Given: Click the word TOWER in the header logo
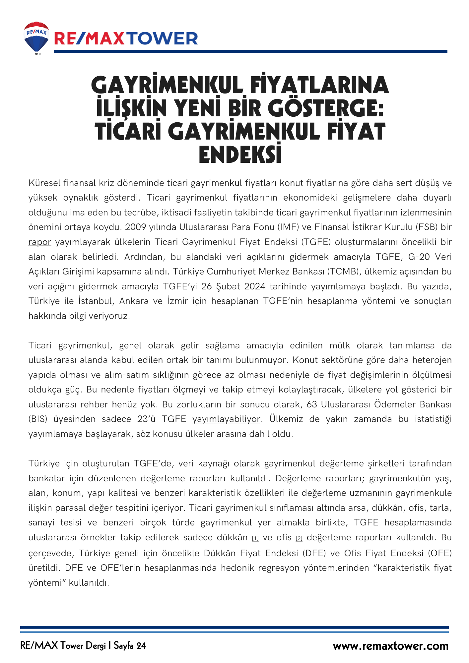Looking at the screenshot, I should (x=163, y=39).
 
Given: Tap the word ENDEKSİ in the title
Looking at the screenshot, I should (x=240, y=154).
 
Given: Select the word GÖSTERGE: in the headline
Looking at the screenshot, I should (x=325, y=108).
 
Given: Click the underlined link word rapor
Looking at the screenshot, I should (x=40, y=242).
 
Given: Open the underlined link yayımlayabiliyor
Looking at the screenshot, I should (x=227, y=419).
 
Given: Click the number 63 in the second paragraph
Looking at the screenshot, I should (x=312, y=404).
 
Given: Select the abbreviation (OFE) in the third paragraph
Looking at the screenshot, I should (x=440, y=553).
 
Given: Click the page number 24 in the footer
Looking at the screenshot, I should (x=141, y=646).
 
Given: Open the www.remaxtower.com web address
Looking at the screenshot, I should (x=390, y=646).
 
